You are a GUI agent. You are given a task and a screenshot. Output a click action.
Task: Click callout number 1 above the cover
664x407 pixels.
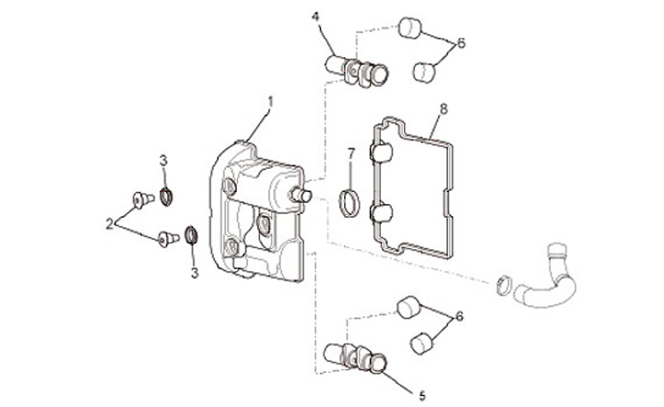(270, 102)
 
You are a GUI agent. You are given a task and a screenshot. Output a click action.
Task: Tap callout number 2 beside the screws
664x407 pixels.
(110, 223)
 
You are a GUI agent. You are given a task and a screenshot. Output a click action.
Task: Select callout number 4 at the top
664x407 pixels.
(316, 18)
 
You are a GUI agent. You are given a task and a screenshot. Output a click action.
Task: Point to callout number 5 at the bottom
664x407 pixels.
(421, 396)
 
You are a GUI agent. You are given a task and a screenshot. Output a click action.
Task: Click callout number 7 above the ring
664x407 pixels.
(350, 153)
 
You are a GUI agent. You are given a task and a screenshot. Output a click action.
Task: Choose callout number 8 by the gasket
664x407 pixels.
(444, 110)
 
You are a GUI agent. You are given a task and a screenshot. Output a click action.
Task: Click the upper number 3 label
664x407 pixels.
(163, 161)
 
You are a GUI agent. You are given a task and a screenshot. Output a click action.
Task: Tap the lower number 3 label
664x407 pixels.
(195, 273)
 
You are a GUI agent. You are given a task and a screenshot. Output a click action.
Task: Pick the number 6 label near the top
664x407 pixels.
(461, 42)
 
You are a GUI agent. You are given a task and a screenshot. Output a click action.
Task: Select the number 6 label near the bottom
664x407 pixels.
(459, 317)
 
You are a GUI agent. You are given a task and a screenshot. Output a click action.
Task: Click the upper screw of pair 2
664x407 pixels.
(143, 198)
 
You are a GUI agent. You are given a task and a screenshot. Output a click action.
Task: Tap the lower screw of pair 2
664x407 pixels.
(169, 239)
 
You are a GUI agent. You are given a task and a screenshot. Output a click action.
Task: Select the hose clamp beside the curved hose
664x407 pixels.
(504, 284)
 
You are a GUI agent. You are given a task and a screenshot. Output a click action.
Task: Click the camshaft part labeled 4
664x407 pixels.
(357, 71)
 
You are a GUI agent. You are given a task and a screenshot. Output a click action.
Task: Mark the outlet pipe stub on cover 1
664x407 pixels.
(302, 196)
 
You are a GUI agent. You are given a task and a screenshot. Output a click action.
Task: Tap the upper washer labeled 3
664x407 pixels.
(166, 197)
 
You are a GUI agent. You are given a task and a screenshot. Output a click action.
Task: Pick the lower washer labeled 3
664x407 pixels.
(192, 235)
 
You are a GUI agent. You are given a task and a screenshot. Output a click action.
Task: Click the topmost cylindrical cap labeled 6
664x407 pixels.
(409, 28)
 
